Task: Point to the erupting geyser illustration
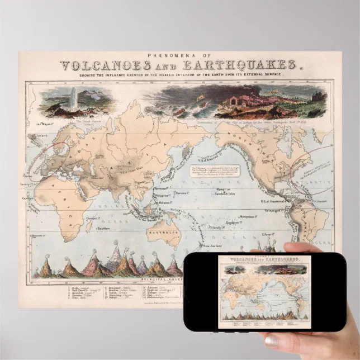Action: [73, 96]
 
